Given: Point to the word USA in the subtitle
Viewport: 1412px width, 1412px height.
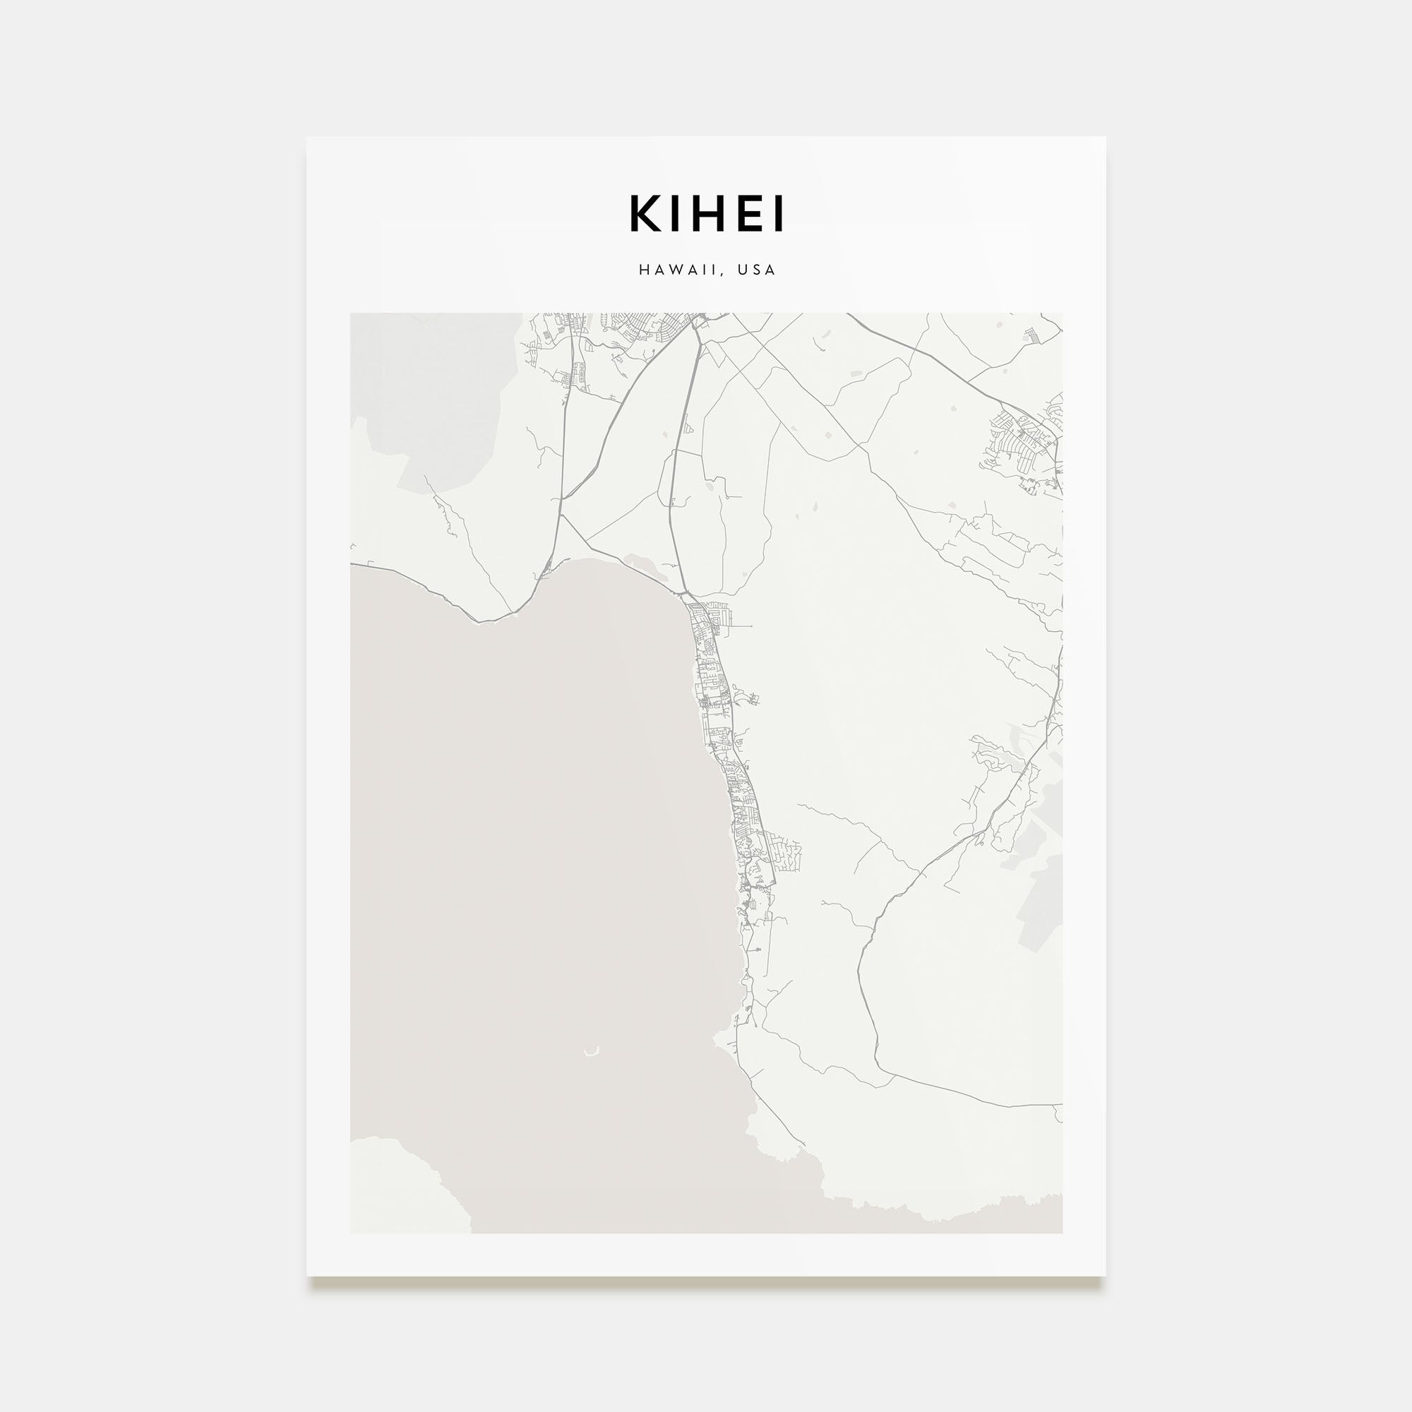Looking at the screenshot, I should [756, 270].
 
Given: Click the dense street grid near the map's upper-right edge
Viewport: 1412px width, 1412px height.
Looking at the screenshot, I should [1019, 438].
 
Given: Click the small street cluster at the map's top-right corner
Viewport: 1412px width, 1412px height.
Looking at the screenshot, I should [1031, 336].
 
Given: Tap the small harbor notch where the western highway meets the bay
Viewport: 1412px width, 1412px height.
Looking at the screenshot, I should [544, 574].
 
